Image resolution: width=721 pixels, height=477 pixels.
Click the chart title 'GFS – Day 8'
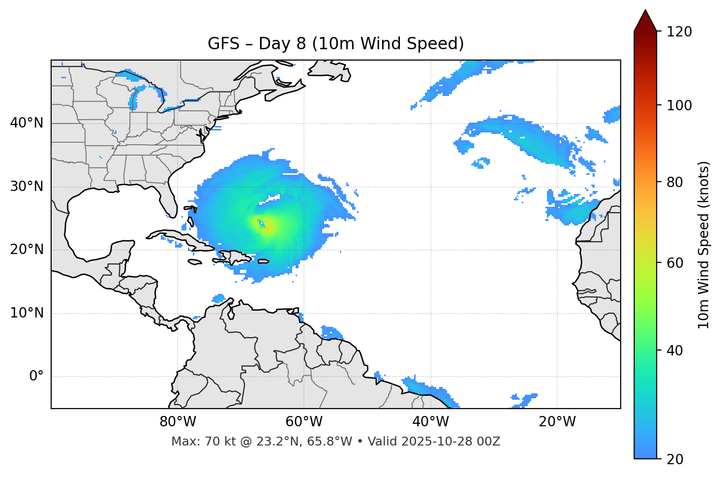coord(335,44)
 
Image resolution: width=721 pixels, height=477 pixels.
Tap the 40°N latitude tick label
coord(27,123)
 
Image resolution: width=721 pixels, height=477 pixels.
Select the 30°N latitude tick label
coord(27,187)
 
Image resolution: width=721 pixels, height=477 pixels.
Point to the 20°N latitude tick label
coord(27,250)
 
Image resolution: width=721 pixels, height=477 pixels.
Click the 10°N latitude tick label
coord(27,313)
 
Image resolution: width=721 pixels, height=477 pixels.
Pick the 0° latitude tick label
coord(36,377)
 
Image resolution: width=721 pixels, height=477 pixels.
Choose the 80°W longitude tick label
coord(178,422)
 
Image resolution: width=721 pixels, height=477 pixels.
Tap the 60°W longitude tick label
coord(304,422)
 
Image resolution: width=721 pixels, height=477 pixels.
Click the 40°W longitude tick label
coord(430,422)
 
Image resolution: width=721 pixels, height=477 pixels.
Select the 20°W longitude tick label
coord(557,422)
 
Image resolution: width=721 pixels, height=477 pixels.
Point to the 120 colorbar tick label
coord(679,32)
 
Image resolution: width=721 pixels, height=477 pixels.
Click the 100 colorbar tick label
coord(679,105)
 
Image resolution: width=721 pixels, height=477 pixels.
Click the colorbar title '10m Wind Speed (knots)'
coord(704,245)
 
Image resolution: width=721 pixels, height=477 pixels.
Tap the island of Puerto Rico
coord(263,261)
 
